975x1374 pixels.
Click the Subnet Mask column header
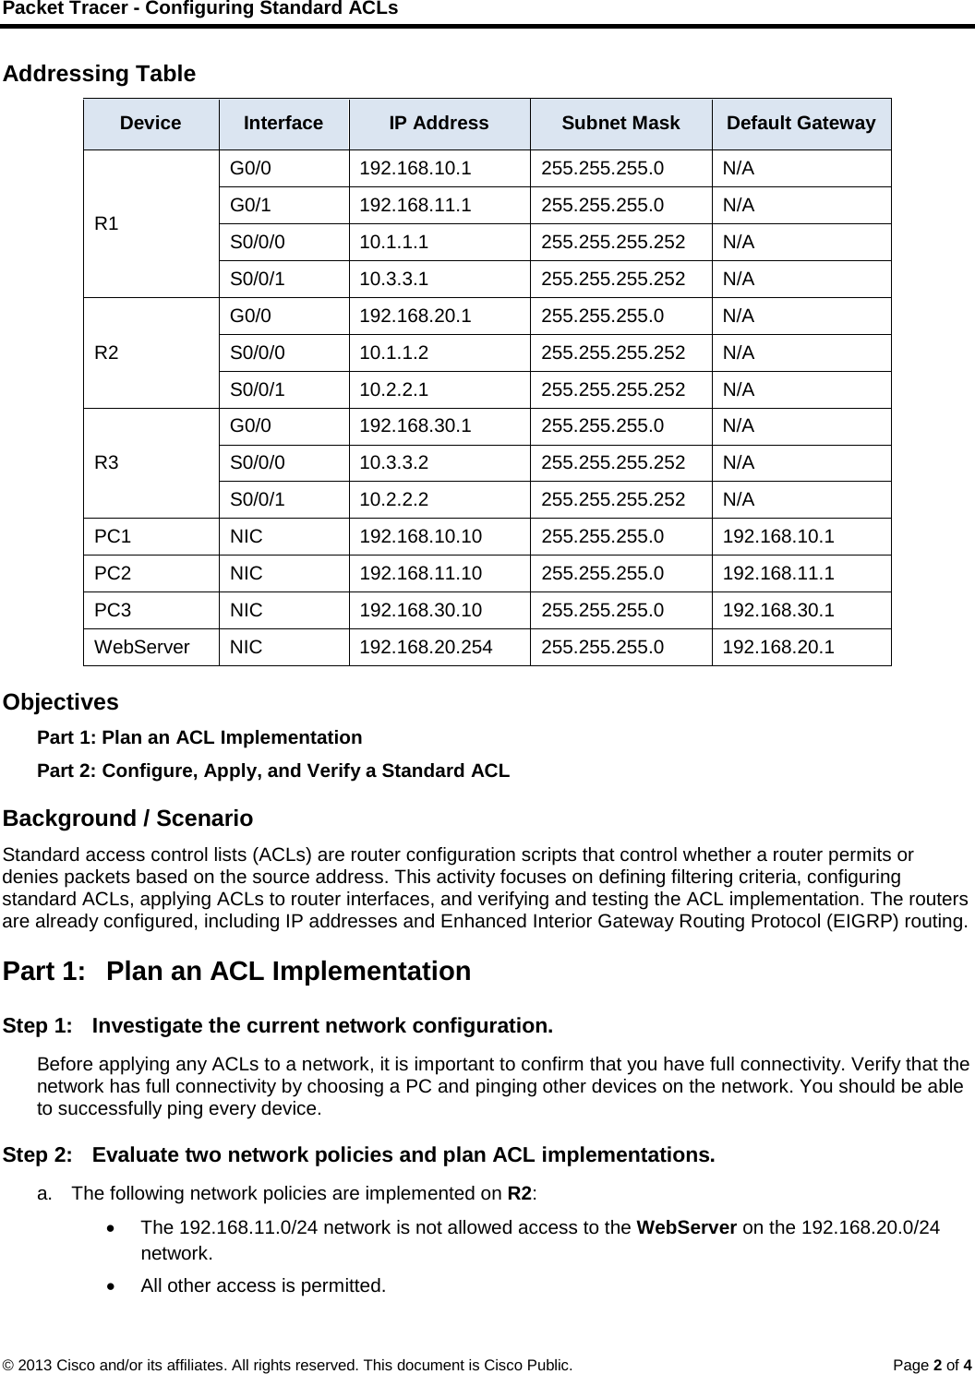point(620,124)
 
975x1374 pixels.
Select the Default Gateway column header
point(800,124)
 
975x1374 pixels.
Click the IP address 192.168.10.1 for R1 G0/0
point(415,169)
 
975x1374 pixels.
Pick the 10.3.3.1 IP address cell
point(393,279)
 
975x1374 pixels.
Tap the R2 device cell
point(107,352)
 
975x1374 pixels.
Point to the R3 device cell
point(107,463)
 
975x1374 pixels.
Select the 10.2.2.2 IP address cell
point(393,500)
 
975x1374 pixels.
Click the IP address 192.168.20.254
point(426,648)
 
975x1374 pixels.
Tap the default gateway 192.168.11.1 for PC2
point(778,574)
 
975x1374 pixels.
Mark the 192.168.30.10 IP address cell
point(420,611)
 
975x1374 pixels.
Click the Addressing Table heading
point(100,74)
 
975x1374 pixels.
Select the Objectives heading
point(61,702)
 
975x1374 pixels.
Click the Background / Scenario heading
point(128,819)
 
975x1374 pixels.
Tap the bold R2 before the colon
point(520,1192)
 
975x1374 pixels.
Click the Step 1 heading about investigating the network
point(279,1026)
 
